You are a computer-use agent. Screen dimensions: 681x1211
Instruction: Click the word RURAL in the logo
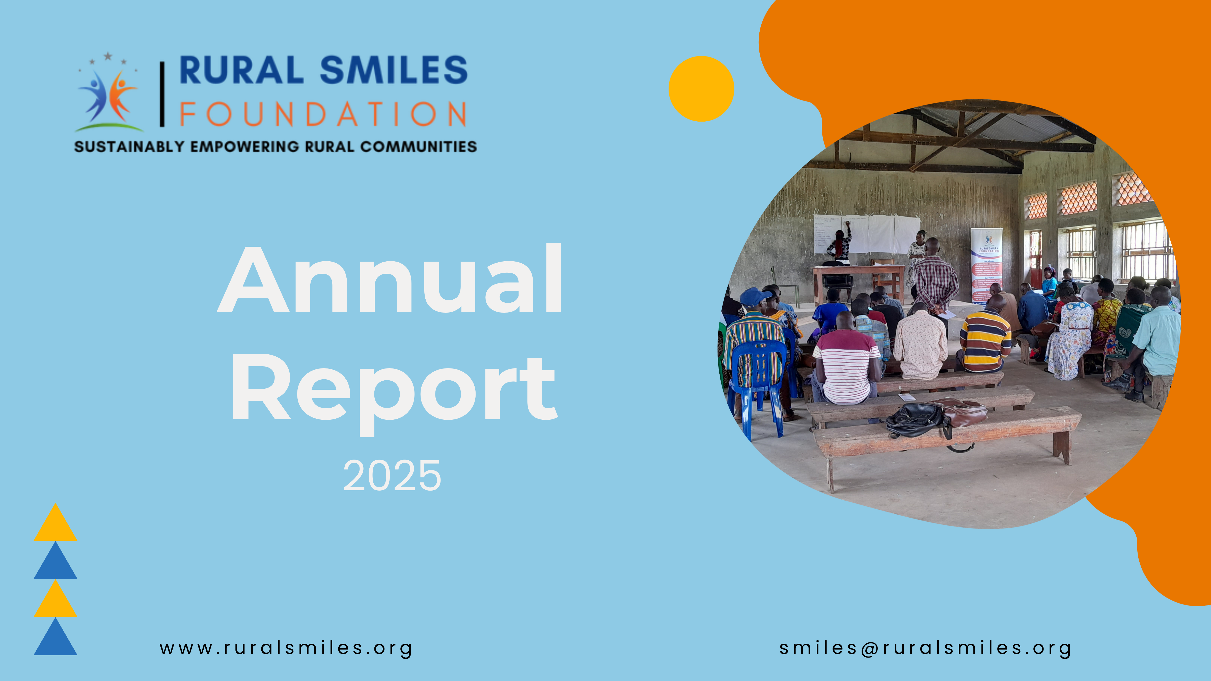pos(241,71)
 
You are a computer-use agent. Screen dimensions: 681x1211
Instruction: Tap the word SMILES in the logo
pos(394,71)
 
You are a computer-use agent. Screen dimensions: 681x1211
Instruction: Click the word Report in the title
pos(394,388)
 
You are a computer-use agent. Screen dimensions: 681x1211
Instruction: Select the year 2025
pos(392,476)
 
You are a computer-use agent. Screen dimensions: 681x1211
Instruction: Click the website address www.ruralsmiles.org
pos(286,648)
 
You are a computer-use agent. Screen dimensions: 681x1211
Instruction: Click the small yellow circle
pos(701,89)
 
